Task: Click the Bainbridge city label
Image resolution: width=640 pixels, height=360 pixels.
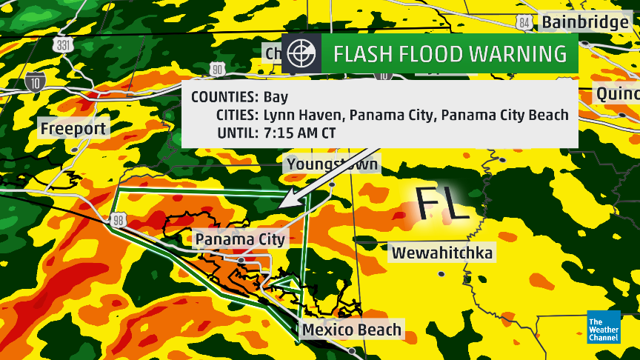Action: point(585,22)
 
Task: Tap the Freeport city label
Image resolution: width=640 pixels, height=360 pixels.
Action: point(74,129)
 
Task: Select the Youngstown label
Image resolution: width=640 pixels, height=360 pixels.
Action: point(332,164)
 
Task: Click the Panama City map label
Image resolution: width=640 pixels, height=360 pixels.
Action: point(239,239)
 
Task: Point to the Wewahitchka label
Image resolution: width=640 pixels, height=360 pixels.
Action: point(442,253)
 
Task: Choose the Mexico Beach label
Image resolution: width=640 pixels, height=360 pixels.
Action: point(352,330)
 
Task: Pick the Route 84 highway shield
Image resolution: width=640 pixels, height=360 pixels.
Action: point(524,23)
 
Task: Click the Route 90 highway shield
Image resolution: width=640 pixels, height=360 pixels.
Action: point(217,70)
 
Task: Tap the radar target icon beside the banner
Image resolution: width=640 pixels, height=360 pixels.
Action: point(301,53)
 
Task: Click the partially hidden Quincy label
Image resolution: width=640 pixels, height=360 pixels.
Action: point(619,94)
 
